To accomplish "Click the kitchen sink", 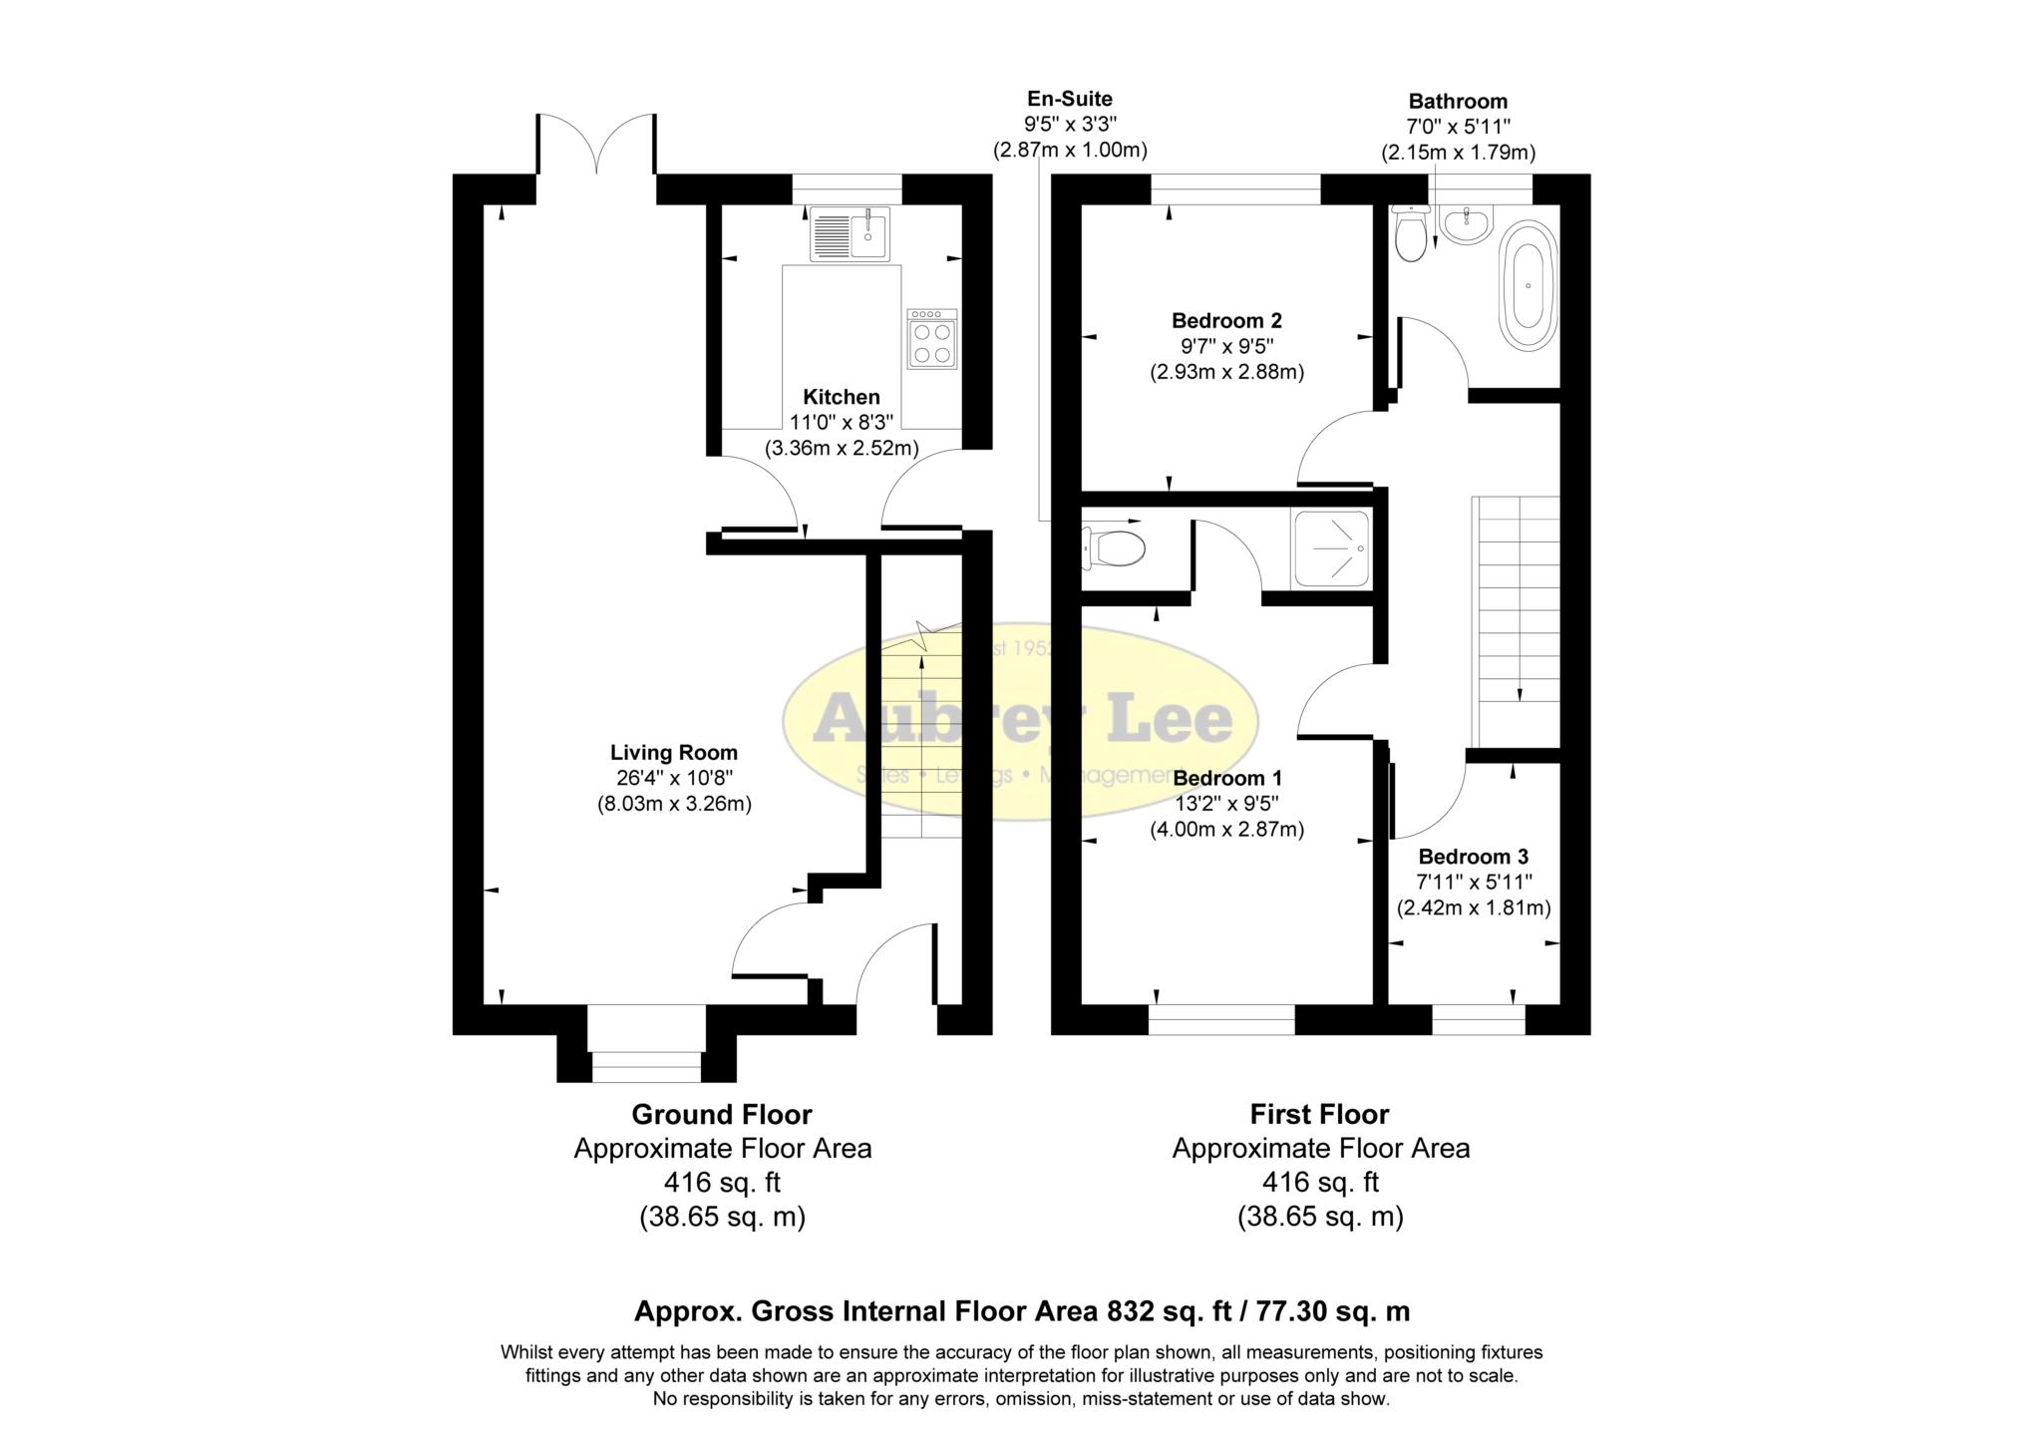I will (850, 233).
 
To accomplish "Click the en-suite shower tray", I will (1331, 547).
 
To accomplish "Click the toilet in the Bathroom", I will (1410, 235).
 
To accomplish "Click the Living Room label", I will (674, 753).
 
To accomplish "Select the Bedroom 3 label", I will (1473, 856).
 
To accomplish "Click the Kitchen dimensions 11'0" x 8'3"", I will (841, 423).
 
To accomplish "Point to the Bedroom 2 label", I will (1226, 320).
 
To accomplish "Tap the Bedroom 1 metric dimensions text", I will (1226, 829).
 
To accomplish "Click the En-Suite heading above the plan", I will (1070, 99).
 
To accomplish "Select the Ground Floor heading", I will (722, 1114).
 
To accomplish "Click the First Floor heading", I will (1319, 1114).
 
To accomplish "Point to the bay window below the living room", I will (646, 1057).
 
